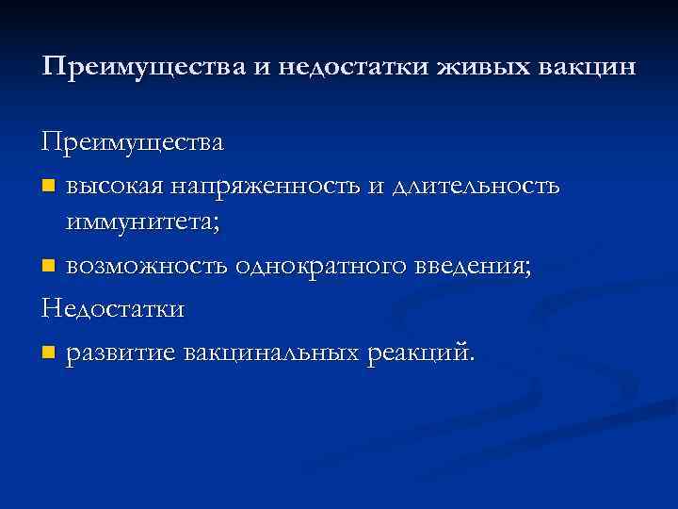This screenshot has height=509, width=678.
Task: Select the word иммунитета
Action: [x=142, y=224]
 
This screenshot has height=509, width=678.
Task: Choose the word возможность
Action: [x=146, y=267]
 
